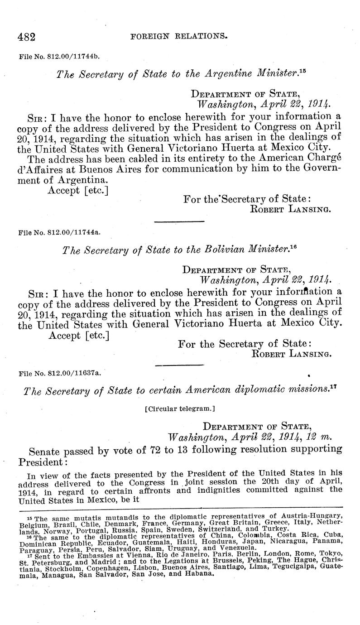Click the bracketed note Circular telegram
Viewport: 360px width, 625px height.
coord(180,409)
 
